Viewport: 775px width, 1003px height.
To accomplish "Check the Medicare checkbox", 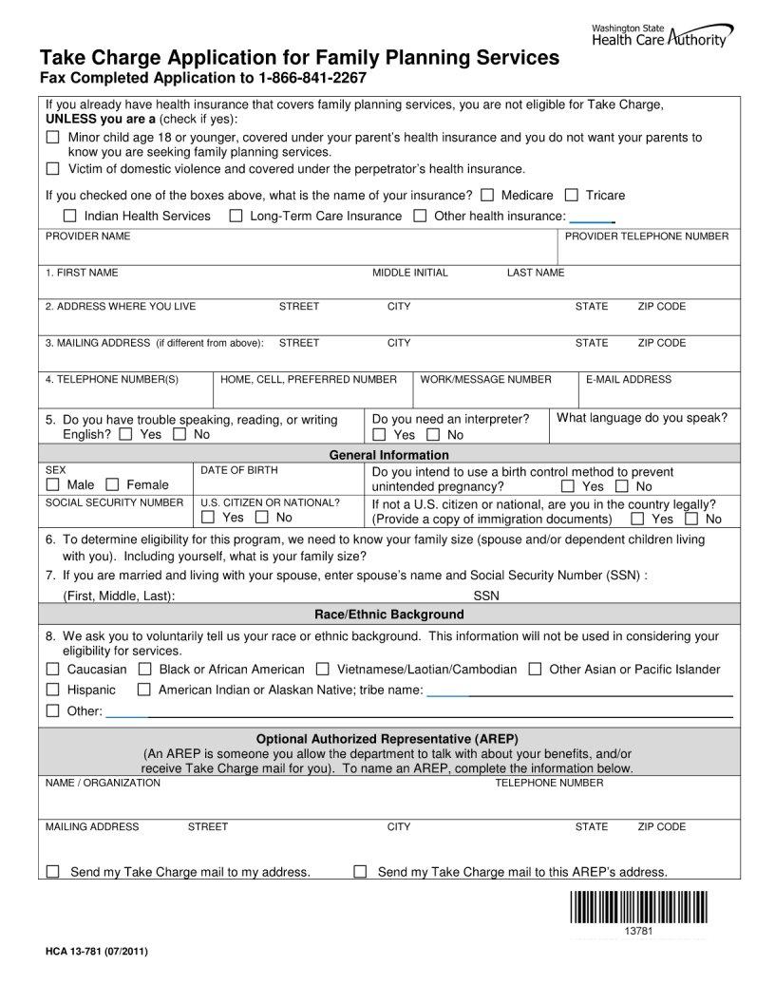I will (487, 195).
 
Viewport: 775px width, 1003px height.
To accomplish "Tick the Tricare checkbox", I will (571, 195).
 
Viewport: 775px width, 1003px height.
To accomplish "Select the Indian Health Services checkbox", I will (69, 216).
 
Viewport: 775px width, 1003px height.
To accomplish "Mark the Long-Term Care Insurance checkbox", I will (236, 216).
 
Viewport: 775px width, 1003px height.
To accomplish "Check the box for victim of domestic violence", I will (53, 169).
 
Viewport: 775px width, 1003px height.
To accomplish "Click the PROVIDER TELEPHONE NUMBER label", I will (647, 236).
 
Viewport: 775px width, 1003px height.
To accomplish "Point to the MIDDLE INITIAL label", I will (409, 273).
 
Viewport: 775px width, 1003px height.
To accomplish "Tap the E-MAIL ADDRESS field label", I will (628, 379).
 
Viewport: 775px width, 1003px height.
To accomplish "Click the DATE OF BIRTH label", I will (238, 470).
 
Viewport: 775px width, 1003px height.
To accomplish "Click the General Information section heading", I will (388, 455).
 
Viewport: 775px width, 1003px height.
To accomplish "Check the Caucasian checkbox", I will (53, 669).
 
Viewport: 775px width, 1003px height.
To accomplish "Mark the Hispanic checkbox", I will (53, 690).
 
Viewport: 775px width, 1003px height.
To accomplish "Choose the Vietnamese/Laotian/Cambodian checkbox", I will (323, 669).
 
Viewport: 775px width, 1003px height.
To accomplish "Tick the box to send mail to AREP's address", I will (360, 871).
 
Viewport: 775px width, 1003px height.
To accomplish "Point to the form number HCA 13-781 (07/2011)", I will (96, 951).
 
